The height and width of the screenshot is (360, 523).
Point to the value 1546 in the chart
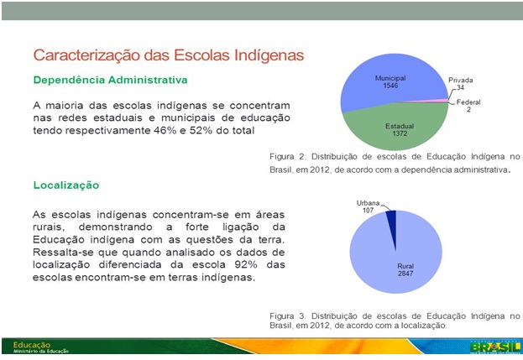(x=390, y=86)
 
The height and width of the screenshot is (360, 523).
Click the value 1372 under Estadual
(x=400, y=133)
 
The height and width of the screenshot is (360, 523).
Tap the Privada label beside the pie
(x=460, y=80)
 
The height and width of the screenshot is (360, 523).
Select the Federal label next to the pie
(x=468, y=102)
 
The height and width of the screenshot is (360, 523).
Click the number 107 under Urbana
(x=368, y=211)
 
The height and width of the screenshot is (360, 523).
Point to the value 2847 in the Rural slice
(x=405, y=274)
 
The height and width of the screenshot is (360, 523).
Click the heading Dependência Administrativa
(x=111, y=80)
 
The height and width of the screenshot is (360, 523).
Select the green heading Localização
(x=66, y=185)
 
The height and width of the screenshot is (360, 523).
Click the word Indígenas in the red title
(x=269, y=55)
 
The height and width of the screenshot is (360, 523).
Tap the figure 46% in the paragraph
(x=165, y=130)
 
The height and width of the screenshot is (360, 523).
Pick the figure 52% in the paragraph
(x=201, y=130)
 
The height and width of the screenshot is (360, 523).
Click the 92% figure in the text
(x=246, y=264)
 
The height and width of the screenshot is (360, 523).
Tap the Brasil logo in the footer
(x=495, y=347)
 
